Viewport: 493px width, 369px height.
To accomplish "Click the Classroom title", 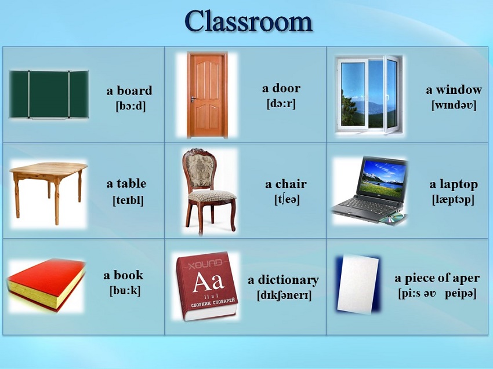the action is point(248,21).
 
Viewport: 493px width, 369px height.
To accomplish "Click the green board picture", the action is point(49,94).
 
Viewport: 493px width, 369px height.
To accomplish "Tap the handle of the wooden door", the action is point(193,100).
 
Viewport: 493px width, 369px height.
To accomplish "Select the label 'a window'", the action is point(454,90).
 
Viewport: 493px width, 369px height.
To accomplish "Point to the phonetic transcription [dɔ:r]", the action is point(281,103).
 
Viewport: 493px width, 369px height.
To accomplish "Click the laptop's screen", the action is point(383,176).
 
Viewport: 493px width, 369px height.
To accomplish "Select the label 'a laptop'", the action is point(454,184).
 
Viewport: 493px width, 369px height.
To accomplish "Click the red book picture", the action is point(46,285).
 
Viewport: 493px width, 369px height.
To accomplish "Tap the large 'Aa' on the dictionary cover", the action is point(208,280).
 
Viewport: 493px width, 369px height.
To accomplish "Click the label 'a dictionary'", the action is point(283,280).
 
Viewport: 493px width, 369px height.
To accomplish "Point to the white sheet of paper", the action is point(358,283).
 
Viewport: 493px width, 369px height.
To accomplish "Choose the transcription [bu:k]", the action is point(125,290).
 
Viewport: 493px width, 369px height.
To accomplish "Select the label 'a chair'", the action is point(286,184).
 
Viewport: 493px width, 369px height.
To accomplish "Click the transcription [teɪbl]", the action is point(128,200).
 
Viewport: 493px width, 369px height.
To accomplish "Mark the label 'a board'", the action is point(129,91).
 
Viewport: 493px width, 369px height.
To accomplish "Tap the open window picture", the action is point(369,94).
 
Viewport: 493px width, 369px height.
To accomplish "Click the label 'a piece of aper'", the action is point(437,278).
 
